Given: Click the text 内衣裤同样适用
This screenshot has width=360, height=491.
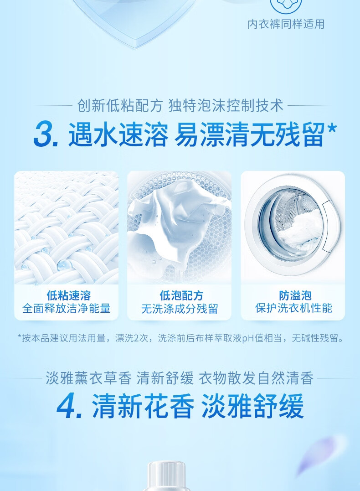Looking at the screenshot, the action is tap(286, 24).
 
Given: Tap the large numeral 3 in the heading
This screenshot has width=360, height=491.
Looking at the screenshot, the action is tap(44, 134).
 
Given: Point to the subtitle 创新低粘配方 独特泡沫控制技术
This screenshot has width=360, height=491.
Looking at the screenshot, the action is tap(180, 105).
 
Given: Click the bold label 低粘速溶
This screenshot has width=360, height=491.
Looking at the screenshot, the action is tap(69, 295).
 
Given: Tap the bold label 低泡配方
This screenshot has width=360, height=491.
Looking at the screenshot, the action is tap(181, 295).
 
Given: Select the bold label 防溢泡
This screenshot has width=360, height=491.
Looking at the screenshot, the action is tap(295, 295).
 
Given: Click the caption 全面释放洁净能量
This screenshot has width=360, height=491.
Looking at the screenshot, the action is tap(67, 309).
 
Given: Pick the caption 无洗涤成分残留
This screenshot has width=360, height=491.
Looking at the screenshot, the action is tap(180, 309).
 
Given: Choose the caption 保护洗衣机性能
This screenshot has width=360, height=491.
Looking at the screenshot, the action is tap(293, 308).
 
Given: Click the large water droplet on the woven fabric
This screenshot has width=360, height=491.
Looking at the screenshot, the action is tap(63, 265).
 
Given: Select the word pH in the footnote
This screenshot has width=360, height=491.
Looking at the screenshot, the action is tap(248, 338).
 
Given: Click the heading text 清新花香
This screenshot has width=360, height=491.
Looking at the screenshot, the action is tap(143, 406).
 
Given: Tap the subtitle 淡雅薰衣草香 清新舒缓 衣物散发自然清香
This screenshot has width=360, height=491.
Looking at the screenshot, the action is tap(180, 378).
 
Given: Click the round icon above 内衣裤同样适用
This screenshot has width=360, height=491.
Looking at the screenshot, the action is tap(286, 5).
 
